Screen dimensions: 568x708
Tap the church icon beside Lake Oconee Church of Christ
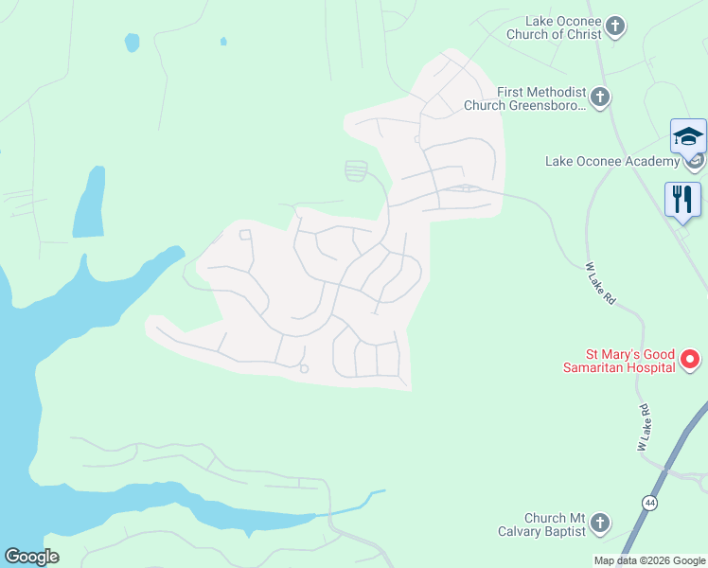point(616,26)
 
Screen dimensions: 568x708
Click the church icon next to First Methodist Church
point(600,97)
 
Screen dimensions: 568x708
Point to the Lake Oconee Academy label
point(612,161)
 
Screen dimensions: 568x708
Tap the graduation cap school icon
point(688,137)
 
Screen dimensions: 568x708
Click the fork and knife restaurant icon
point(682,199)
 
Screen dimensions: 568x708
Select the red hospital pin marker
point(690,359)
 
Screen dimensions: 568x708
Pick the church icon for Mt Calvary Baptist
point(599,523)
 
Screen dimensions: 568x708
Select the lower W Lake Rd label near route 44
point(644,427)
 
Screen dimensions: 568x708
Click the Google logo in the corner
point(31,557)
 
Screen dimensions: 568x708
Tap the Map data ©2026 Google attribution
point(650,560)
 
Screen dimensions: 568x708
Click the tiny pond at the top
point(223,42)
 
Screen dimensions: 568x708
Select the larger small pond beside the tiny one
point(132,43)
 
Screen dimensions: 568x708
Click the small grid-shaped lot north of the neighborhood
point(356,170)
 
